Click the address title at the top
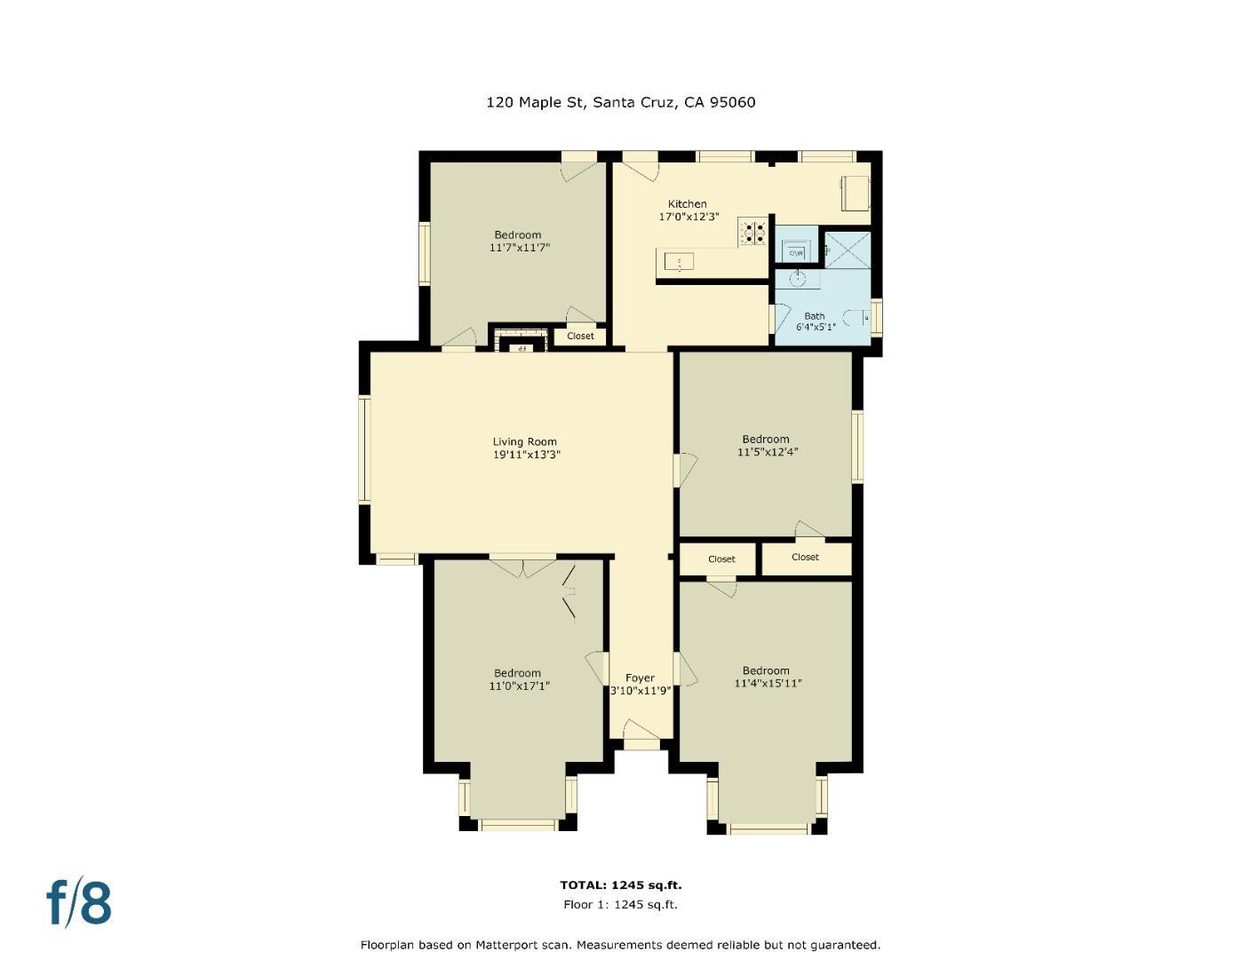click(620, 102)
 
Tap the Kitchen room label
click(687, 204)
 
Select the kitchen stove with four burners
click(754, 233)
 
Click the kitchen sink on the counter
click(680, 262)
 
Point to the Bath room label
click(814, 316)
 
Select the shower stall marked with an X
click(847, 249)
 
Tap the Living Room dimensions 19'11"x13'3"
click(527, 455)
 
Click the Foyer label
click(640, 678)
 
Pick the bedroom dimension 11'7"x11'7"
click(519, 248)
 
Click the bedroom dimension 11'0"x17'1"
click(519, 686)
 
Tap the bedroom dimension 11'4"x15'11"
click(768, 684)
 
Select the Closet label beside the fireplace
click(580, 336)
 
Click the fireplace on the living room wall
click(521, 344)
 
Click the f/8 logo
click(79, 902)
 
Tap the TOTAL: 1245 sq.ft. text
click(620, 885)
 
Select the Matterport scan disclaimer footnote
click(620, 945)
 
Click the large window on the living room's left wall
click(364, 449)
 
